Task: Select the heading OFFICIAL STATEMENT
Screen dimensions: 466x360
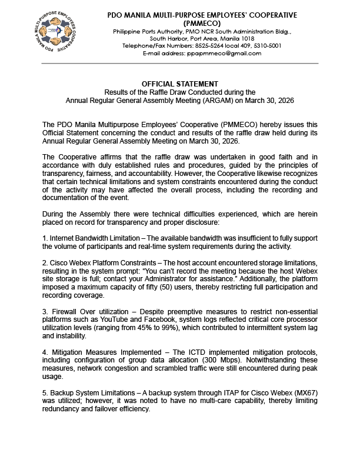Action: [180, 84]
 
